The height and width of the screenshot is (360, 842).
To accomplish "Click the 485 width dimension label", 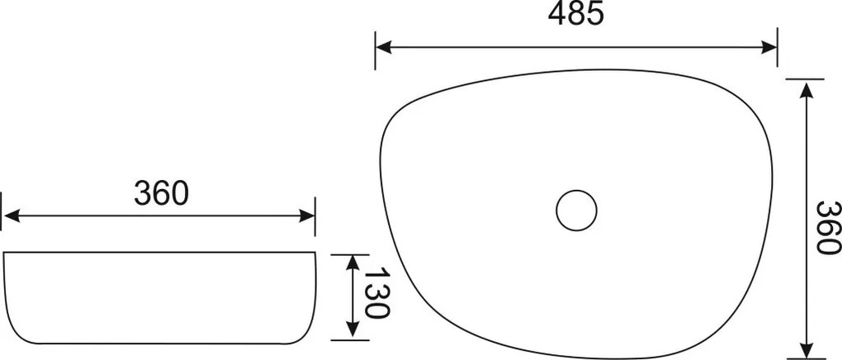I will (x=575, y=14).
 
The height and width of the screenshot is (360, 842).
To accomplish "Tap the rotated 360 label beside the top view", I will (x=825, y=227).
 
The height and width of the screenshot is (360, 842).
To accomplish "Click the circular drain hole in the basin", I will (x=575, y=210).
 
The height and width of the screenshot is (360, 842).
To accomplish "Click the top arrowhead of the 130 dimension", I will (x=352, y=262).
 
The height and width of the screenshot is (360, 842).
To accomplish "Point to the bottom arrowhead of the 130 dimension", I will (x=352, y=332).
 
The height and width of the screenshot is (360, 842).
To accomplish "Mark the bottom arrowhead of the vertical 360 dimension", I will (x=805, y=351).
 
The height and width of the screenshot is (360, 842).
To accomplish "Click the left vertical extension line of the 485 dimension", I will (x=376, y=50).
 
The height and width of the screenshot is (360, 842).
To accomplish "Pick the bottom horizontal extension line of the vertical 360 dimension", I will (x=805, y=358).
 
